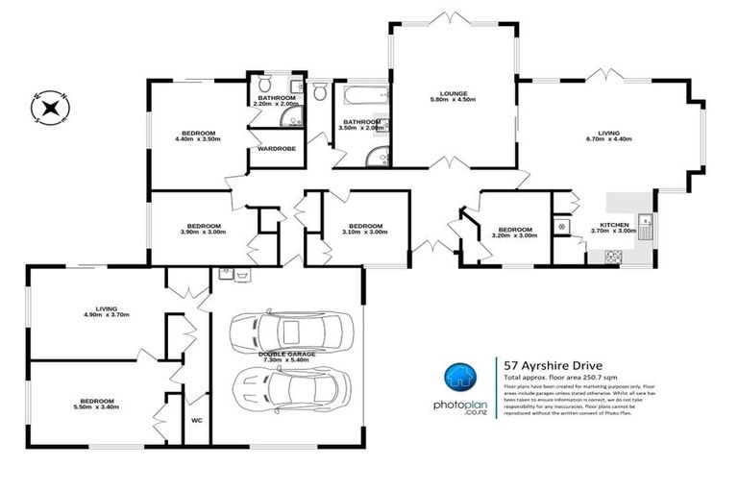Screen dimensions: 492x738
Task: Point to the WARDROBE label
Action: tap(276, 149)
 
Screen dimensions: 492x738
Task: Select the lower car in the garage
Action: tap(287, 390)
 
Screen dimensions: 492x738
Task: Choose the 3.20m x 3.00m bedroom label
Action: tap(514, 232)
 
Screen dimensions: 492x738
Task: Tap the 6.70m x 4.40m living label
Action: tap(608, 135)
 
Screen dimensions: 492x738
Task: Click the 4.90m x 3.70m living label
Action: tap(105, 311)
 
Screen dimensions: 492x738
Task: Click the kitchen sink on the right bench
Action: tap(647, 228)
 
